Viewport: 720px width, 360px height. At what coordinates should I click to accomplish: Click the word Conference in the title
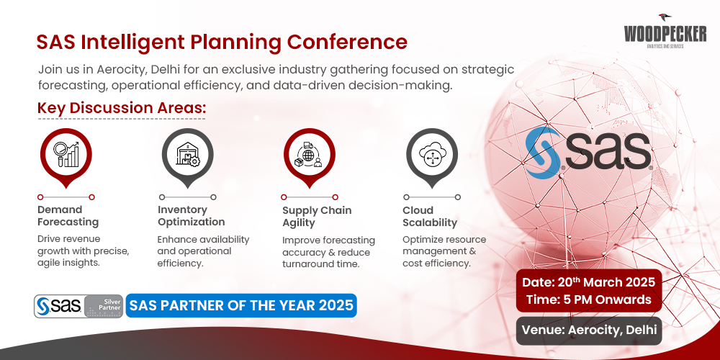tap(348, 41)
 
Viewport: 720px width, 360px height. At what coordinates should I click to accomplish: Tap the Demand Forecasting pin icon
tap(66, 153)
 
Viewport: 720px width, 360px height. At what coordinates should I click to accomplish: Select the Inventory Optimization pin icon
tap(187, 153)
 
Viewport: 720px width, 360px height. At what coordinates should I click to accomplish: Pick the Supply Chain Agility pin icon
tap(310, 153)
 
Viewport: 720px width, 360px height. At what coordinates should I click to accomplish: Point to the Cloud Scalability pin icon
tap(432, 153)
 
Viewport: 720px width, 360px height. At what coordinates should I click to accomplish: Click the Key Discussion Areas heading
tap(122, 108)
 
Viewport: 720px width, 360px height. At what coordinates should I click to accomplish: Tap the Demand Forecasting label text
tap(68, 216)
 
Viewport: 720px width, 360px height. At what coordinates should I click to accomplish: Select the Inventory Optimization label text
tap(191, 216)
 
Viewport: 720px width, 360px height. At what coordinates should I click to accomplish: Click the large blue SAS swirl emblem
tap(544, 153)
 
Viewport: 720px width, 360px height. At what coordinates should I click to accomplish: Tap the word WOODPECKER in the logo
tap(666, 34)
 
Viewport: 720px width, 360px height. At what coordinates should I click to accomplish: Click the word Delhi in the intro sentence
tap(168, 70)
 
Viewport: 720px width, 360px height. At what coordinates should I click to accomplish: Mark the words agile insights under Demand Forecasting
tap(70, 264)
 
